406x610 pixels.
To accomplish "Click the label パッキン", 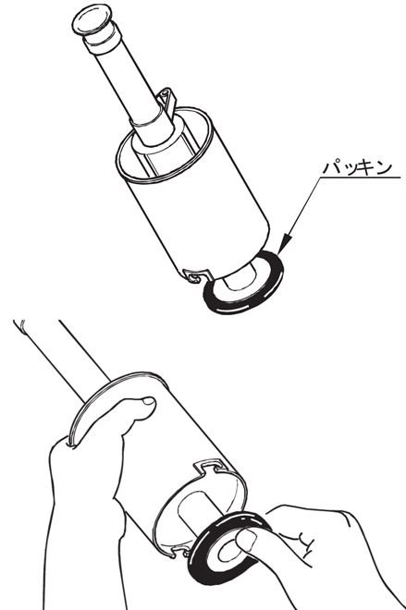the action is [x=357, y=167].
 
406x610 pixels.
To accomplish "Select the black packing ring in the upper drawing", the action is [x=243, y=282].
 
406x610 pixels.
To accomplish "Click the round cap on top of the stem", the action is [x=93, y=21].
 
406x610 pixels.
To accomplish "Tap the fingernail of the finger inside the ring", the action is [x=246, y=541].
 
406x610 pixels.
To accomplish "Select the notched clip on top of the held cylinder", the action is [x=210, y=466].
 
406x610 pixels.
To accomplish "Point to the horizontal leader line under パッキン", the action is [x=360, y=177].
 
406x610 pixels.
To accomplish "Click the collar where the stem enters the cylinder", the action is [x=153, y=133].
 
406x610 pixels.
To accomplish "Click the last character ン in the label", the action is [x=384, y=168].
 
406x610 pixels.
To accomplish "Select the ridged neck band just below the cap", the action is [x=102, y=39].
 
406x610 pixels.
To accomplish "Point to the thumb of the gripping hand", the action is [x=134, y=412].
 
